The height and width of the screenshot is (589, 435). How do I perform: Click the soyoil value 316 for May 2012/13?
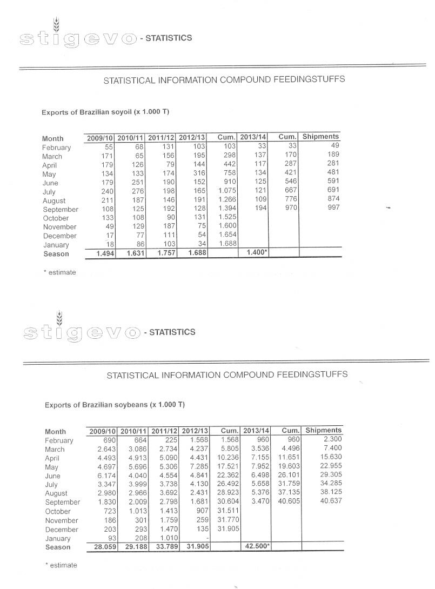[199, 174]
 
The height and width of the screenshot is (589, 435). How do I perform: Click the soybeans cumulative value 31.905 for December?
[227, 529]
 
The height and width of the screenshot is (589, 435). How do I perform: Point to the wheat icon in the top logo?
[56, 24]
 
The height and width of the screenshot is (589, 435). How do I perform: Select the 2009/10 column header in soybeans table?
[103, 431]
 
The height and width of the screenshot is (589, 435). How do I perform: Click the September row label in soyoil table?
[61, 210]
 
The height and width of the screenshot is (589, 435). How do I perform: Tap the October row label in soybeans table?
[58, 511]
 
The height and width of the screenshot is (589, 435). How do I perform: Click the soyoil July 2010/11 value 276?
[137, 192]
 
